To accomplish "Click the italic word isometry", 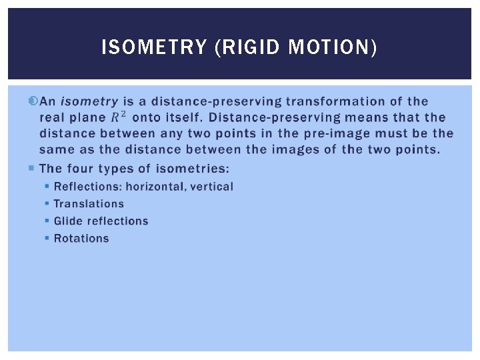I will pyautogui.click(x=89, y=102).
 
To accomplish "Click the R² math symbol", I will pyautogui.click(x=118, y=117).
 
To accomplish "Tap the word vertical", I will pyautogui.click(x=212, y=187).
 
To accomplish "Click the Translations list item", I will pyautogui.click(x=89, y=204).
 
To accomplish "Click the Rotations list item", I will pyautogui.click(x=81, y=239).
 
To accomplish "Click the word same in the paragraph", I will pyautogui.click(x=55, y=149).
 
